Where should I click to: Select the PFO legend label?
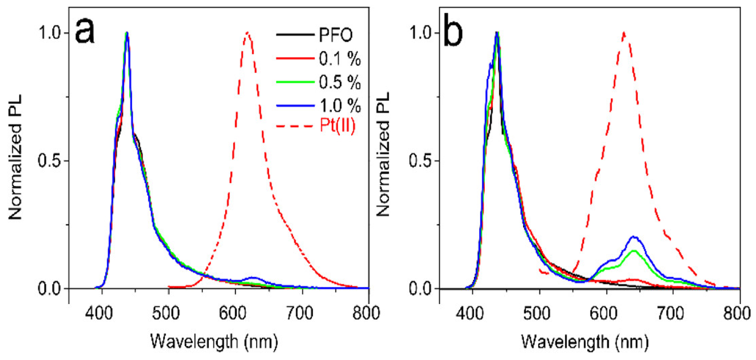point(336,35)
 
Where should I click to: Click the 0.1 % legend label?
point(340,59)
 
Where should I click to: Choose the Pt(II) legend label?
point(338,126)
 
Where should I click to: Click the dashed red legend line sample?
point(295,126)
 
